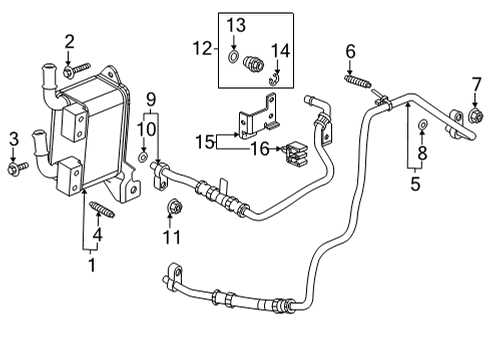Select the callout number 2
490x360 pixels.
click(x=69, y=41)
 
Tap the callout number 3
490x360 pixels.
click(x=14, y=137)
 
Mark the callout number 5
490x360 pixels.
click(x=415, y=184)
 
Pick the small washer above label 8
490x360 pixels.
click(x=423, y=125)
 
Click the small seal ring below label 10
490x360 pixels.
click(x=145, y=158)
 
